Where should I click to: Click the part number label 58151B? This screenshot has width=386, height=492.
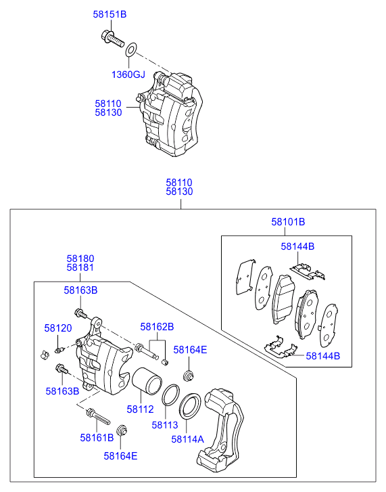[110, 14]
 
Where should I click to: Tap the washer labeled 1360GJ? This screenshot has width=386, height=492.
[131, 50]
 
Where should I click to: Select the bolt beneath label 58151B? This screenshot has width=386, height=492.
[112, 39]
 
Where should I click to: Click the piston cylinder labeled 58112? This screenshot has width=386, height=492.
[147, 380]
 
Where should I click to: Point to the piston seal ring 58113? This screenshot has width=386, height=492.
[170, 395]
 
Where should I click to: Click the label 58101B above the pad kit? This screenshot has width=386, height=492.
[288, 222]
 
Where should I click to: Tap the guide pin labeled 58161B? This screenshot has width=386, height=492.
[98, 416]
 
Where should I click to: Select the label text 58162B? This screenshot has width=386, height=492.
[157, 327]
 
